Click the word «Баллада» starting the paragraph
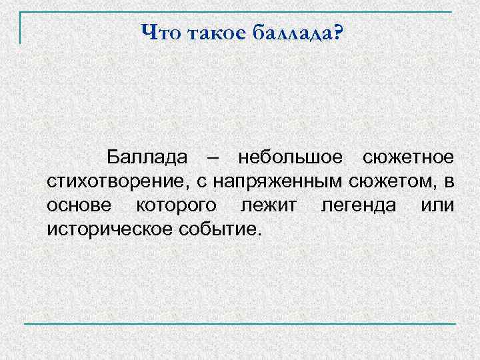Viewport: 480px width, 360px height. [145, 158]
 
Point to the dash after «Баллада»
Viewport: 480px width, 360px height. [212, 159]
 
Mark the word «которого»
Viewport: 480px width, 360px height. [177, 205]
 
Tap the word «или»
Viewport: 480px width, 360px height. [438, 205]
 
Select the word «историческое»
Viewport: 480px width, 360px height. [109, 229]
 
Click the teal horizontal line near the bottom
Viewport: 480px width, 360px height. [240, 324]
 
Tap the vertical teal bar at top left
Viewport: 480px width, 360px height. [21, 28]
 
